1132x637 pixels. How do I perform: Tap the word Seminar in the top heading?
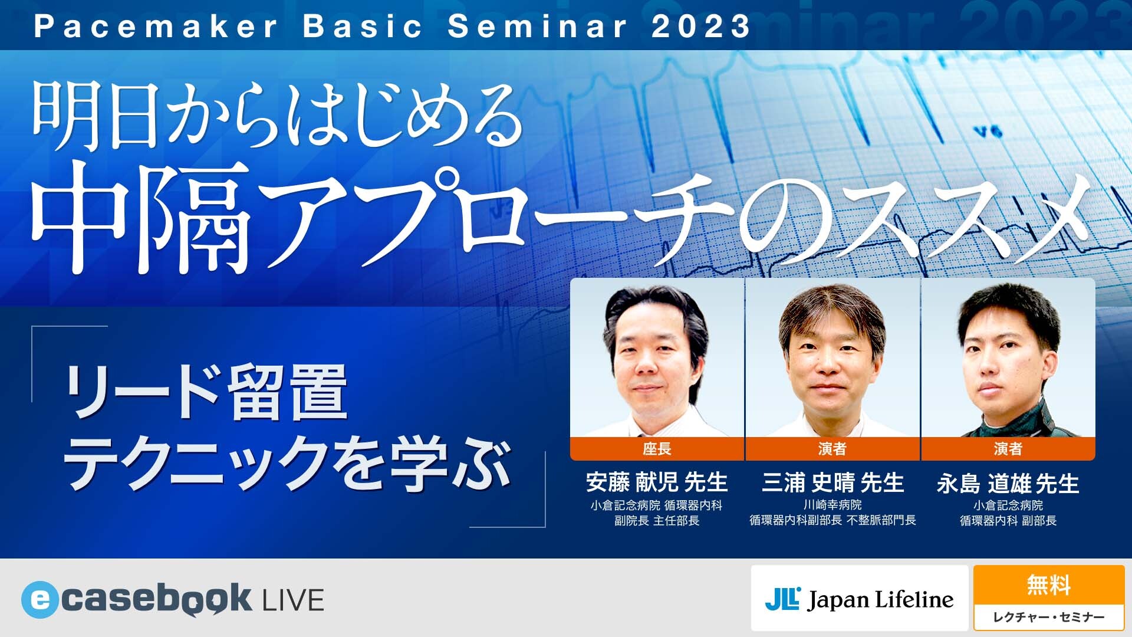pyautogui.click(x=537, y=27)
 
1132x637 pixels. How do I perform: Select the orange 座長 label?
pyautogui.click(x=657, y=449)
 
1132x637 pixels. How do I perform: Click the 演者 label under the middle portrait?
pyautogui.click(x=832, y=449)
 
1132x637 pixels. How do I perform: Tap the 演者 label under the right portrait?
pyautogui.click(x=1008, y=449)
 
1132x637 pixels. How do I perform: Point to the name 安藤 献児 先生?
pyautogui.click(x=657, y=482)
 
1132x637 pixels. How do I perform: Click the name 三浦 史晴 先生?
pyautogui.click(x=832, y=482)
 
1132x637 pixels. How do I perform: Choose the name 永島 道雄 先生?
pyautogui.click(x=1008, y=484)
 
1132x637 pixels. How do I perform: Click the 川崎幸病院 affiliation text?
pyautogui.click(x=832, y=505)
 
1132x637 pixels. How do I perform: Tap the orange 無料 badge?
pyautogui.click(x=1048, y=585)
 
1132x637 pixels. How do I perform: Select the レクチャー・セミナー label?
pyautogui.click(x=1048, y=617)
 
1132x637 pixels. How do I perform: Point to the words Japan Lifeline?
pyautogui.click(x=881, y=600)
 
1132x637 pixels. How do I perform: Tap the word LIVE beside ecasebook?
pyautogui.click(x=292, y=600)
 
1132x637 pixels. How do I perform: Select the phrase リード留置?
pyautogui.click(x=206, y=392)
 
